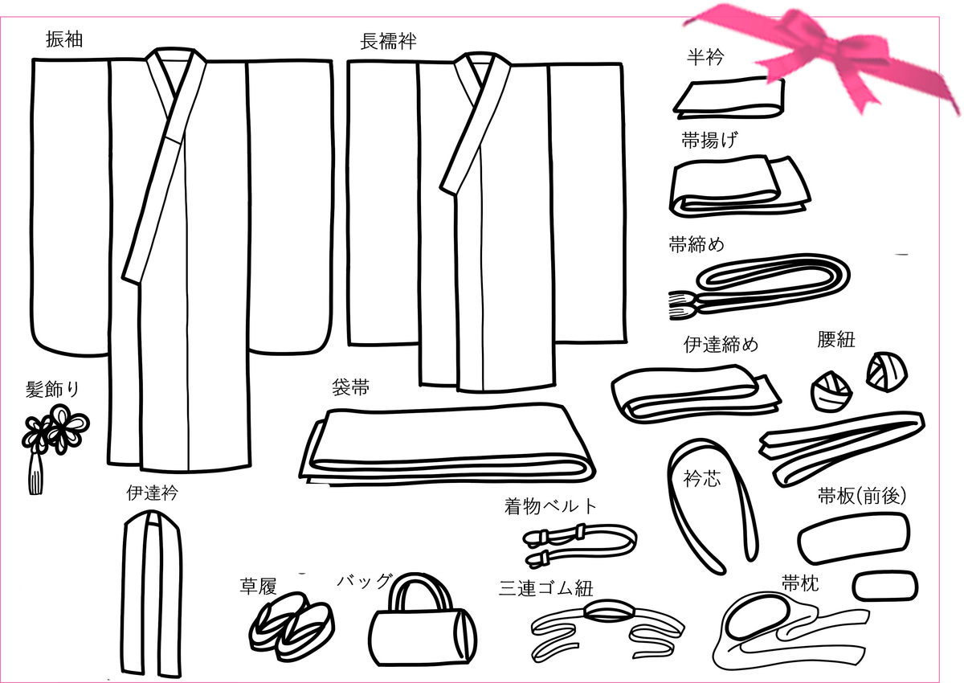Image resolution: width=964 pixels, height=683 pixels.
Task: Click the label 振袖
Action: tap(64, 39)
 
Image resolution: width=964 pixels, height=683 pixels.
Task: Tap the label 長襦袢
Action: tap(388, 42)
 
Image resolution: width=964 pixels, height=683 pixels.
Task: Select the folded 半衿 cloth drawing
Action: tap(729, 98)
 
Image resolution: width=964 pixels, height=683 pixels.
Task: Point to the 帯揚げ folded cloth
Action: tap(739, 186)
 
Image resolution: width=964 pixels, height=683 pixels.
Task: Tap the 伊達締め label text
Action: tap(721, 344)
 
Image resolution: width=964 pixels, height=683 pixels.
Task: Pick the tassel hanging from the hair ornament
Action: tap(35, 474)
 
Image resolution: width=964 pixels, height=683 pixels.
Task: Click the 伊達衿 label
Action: tap(152, 493)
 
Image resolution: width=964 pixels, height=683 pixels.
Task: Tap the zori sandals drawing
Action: tap(292, 630)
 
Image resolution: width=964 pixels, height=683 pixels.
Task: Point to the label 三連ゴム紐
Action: tap(546, 588)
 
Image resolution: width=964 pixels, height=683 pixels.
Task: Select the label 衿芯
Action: tap(702, 479)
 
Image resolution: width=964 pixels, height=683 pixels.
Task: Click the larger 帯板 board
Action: tap(854, 538)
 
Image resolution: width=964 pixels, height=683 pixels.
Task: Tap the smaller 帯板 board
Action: tap(885, 586)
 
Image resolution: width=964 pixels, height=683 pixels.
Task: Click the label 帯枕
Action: tap(800, 583)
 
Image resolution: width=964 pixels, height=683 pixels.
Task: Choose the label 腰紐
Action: tap(835, 340)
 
